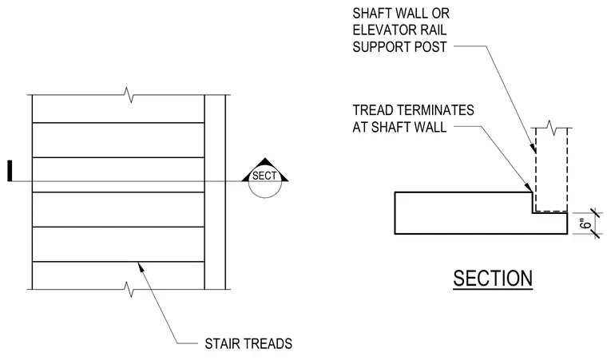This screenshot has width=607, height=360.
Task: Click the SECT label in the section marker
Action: (x=265, y=176)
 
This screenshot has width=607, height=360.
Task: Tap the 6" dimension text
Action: (x=586, y=224)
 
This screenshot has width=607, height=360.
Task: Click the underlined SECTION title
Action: (x=493, y=279)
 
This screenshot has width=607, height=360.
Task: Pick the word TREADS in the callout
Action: (x=267, y=344)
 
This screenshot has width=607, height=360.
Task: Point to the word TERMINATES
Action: (x=436, y=110)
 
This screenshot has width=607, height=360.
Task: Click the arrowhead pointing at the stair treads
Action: (x=141, y=267)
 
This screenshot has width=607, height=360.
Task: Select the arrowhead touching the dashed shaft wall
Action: (x=534, y=148)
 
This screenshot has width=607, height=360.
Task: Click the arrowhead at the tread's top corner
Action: (x=529, y=187)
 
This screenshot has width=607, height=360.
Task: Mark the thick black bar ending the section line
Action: (x=10, y=171)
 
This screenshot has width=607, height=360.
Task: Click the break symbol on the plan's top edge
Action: (x=129, y=95)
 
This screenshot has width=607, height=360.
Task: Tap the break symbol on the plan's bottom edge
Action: (x=129, y=289)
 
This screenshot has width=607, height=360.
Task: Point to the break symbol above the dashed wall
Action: (x=552, y=128)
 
